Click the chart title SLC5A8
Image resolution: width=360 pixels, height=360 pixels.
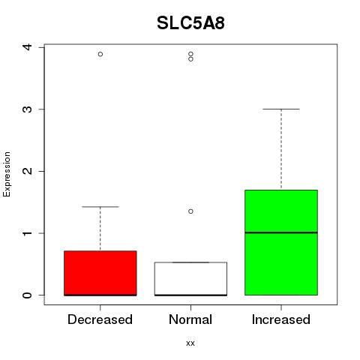tap(190, 23)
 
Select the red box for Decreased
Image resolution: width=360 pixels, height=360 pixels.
tap(100, 273)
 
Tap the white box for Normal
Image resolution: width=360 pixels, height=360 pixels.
tap(190, 279)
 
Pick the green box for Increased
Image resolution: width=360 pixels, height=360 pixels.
tap(281, 242)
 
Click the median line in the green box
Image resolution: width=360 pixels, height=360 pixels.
tap(281, 232)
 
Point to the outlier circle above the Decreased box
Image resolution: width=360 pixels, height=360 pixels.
tap(100, 54)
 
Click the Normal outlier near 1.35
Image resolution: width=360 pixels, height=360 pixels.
tap(190, 211)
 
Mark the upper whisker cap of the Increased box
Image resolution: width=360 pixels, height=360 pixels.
tap(281, 109)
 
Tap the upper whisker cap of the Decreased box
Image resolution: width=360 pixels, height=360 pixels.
tap(100, 207)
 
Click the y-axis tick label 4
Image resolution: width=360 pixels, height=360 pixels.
tap(28, 47)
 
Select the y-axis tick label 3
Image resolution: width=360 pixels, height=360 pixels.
tap(28, 109)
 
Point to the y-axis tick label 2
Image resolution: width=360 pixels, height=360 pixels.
tap(28, 171)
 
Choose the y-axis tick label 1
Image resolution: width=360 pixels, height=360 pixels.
tap(28, 233)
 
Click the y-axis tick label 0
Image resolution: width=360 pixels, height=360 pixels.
tap(28, 295)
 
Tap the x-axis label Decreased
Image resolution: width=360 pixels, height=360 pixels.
tap(100, 319)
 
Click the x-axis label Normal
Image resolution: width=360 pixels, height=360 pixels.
tap(190, 319)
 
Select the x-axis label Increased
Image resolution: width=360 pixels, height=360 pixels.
tap(281, 319)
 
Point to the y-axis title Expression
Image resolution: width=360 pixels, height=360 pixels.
tap(7, 174)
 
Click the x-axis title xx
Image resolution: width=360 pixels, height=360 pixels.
tap(190, 343)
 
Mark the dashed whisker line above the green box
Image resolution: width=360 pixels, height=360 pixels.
tap(281, 149)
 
